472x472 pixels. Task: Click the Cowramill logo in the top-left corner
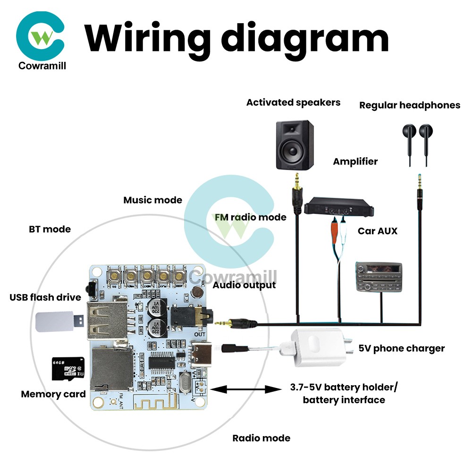(41, 38)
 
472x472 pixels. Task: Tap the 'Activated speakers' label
(293, 102)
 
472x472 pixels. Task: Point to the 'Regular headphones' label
(409, 105)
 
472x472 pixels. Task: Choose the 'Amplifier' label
(355, 161)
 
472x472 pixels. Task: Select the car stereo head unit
(378, 278)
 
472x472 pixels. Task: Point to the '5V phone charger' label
(401, 348)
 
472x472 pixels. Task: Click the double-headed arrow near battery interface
(245, 389)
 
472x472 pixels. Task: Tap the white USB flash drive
(57, 321)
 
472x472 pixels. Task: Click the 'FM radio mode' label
(250, 217)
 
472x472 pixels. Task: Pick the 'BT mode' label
(50, 229)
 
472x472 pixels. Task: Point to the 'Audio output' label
(244, 285)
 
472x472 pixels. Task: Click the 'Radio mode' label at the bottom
(261, 438)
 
